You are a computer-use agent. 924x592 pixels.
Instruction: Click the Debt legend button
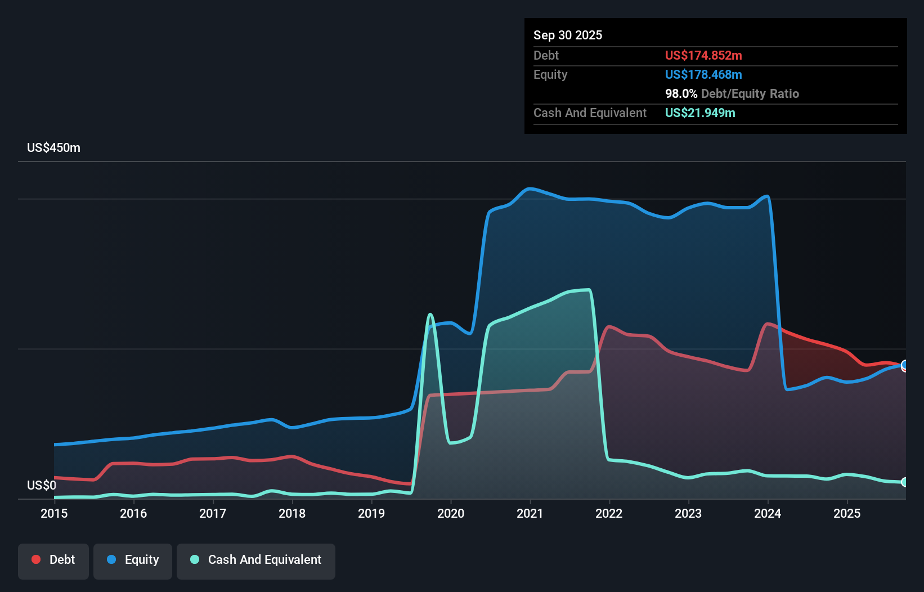(x=53, y=560)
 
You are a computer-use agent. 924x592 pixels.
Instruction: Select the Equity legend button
(x=133, y=560)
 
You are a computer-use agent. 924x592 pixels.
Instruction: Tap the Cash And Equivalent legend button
(x=256, y=560)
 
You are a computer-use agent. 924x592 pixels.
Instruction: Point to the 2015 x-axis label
(x=54, y=513)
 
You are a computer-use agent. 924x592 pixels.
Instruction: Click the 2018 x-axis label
(x=292, y=513)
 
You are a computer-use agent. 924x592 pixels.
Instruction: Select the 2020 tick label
(x=451, y=513)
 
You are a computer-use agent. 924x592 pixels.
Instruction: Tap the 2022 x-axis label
(x=609, y=513)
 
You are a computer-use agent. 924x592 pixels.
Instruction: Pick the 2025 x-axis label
(x=847, y=513)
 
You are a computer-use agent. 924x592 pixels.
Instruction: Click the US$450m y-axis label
(x=53, y=148)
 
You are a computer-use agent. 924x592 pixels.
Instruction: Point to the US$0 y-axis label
(x=42, y=485)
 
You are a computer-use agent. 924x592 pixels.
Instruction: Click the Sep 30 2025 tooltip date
(x=568, y=35)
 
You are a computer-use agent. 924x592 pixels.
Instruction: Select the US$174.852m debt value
(x=703, y=55)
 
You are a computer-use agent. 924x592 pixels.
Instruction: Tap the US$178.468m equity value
(x=703, y=74)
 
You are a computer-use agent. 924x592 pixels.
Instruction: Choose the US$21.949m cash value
(x=700, y=113)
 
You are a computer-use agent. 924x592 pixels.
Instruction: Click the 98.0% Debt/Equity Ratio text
(x=732, y=93)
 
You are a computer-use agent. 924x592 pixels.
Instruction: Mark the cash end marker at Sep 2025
(x=904, y=482)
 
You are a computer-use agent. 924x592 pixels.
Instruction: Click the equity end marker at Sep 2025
(x=904, y=365)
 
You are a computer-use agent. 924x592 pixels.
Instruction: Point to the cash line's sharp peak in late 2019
(x=430, y=314)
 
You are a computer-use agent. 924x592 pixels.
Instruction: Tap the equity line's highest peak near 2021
(x=529, y=189)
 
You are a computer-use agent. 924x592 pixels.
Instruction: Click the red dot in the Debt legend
(x=36, y=559)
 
